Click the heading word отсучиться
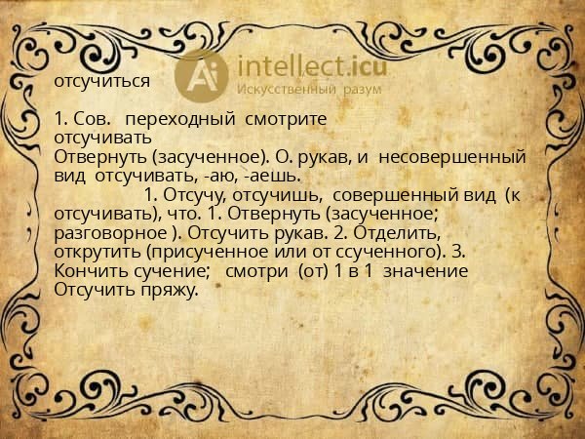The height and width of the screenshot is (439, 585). (102, 81)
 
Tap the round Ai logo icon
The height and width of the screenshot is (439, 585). (203, 74)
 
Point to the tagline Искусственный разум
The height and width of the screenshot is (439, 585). (309, 89)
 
